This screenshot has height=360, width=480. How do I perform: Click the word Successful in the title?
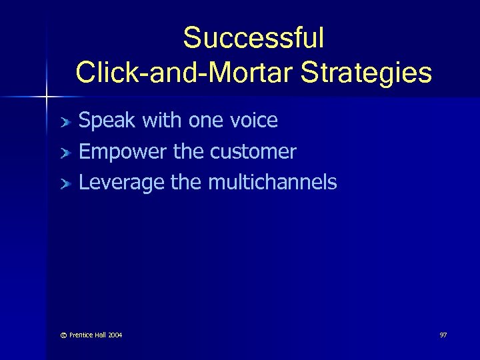point(253,38)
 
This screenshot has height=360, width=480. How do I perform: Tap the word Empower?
point(123,152)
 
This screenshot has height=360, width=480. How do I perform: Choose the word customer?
point(253,152)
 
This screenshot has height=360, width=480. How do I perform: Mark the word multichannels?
point(273,182)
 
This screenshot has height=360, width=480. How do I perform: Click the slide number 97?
point(443,335)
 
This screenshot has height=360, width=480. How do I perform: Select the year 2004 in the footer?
point(113,335)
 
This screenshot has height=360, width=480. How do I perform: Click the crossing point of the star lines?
point(46,97)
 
